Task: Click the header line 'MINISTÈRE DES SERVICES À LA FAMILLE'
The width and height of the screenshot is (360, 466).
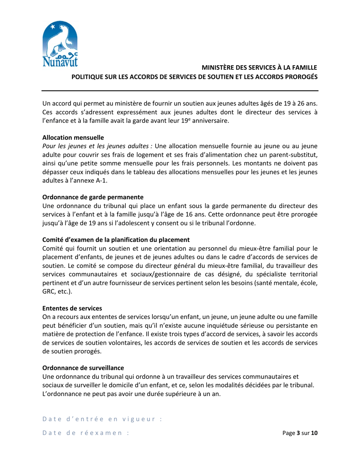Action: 259,68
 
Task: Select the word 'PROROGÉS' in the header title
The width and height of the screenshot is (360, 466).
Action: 298,76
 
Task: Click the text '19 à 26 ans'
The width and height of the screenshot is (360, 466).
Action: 301,103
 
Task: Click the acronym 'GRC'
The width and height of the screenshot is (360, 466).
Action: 48,292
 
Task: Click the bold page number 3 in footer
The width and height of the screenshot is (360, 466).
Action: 298,433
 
